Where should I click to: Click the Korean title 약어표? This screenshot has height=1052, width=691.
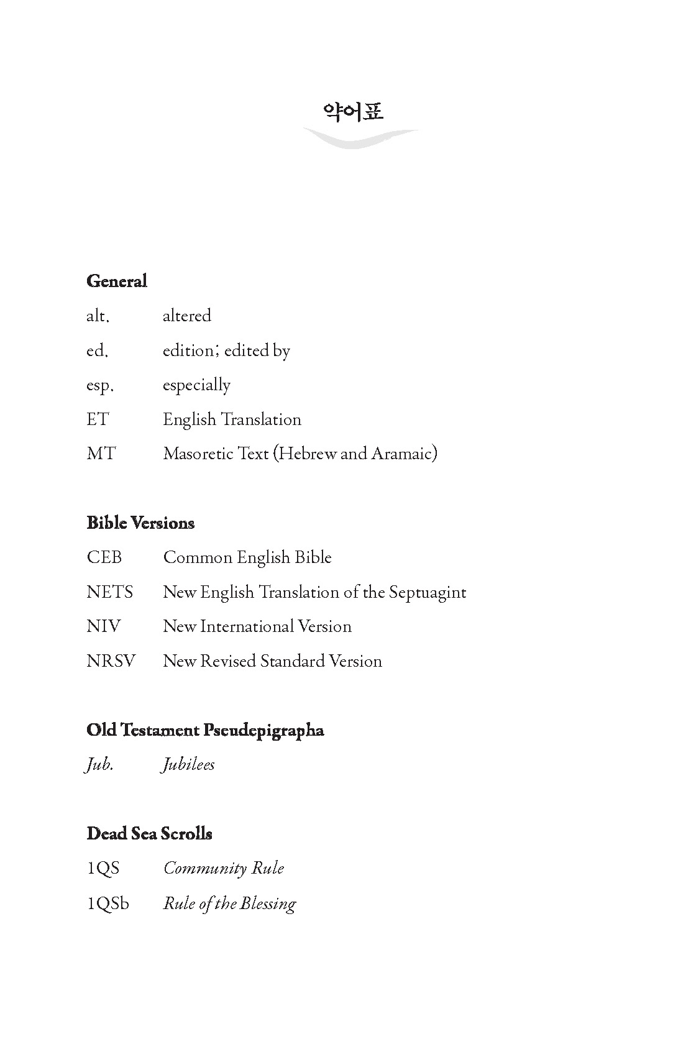(x=353, y=112)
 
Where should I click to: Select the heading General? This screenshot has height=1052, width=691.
(x=117, y=281)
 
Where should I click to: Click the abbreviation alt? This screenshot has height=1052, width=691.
(x=98, y=316)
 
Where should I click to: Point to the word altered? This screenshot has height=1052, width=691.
(x=187, y=316)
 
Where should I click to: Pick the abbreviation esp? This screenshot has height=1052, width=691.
(x=99, y=386)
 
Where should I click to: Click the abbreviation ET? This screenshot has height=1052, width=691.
(x=98, y=419)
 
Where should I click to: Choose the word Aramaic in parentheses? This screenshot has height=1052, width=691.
(x=403, y=454)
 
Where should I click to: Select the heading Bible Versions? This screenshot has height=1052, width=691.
(x=140, y=523)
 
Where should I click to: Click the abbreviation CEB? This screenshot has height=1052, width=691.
(x=104, y=557)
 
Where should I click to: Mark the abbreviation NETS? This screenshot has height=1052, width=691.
(x=110, y=592)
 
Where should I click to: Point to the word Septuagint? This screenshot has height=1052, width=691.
(x=428, y=593)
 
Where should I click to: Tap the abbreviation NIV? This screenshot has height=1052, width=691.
(x=104, y=626)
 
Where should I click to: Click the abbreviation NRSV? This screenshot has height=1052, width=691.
(x=111, y=661)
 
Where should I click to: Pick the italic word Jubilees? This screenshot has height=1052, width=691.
(x=188, y=765)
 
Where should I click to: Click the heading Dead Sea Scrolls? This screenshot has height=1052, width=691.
(x=150, y=834)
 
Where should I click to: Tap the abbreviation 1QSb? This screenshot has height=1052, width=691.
(x=108, y=903)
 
